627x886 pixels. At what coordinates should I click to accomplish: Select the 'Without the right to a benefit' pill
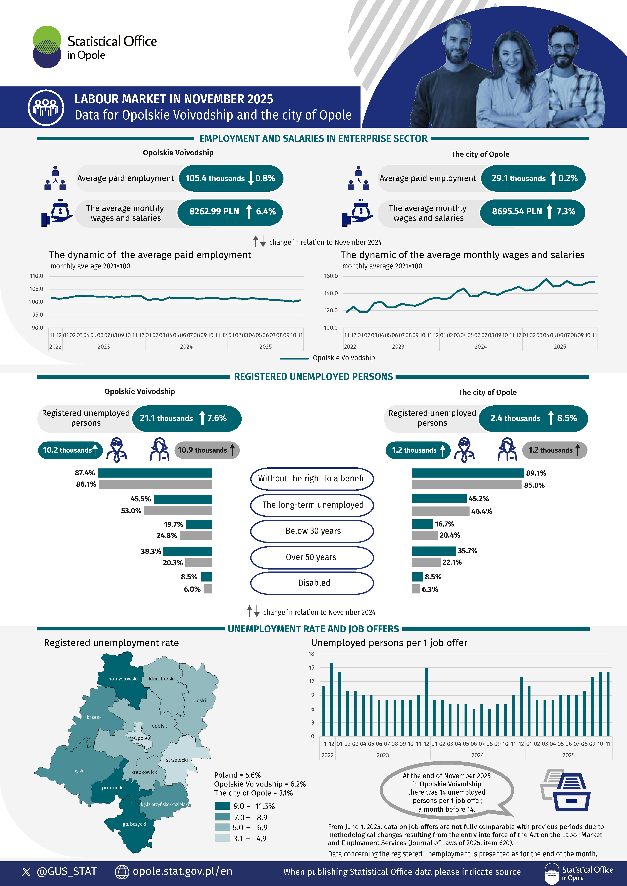(x=312, y=478)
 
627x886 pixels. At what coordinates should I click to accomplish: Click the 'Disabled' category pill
(x=312, y=583)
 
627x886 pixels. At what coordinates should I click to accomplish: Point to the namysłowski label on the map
(x=123, y=679)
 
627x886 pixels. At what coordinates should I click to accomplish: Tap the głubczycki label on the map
(x=134, y=824)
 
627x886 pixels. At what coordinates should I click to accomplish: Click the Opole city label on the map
(x=140, y=738)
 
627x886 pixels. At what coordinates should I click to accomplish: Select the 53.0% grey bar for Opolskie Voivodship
(x=178, y=511)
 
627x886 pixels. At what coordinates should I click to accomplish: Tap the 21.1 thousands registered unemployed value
(x=166, y=418)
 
